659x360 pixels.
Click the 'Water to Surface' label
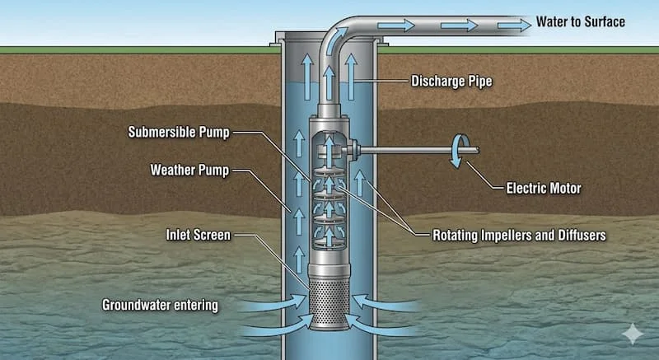581,22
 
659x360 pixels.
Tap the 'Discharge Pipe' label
451,81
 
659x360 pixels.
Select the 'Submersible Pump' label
179,133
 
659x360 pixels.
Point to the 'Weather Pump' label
189,171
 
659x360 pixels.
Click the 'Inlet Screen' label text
199,235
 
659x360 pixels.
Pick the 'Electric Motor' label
544,188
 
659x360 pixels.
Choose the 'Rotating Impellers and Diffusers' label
519,236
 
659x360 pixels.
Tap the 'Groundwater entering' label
160,305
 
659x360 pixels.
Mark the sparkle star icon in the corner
633,334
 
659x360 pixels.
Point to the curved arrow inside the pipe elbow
339,39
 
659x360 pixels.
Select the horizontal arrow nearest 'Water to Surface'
514,26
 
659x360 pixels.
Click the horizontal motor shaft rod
418,150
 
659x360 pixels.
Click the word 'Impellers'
493,236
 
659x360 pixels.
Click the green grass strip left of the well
138,50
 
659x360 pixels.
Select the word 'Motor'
564,188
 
